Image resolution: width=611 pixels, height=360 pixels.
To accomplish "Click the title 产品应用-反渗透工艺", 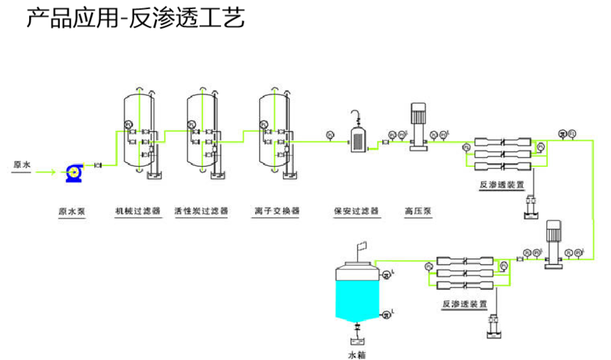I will (x=135, y=19).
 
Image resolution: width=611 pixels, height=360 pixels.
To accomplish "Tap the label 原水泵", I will (x=72, y=211).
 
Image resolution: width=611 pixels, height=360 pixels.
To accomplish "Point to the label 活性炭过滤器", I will (x=201, y=211).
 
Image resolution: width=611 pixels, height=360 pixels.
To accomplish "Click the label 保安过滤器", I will (x=356, y=211).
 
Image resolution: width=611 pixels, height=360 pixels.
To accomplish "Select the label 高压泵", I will (x=418, y=211).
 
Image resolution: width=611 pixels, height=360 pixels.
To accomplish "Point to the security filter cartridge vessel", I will (x=357, y=138).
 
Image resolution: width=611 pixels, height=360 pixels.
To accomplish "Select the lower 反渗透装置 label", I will (x=465, y=304).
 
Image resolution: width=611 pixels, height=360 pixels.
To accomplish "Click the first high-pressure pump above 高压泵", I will (x=418, y=126).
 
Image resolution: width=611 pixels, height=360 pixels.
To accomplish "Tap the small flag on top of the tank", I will (x=362, y=246).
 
